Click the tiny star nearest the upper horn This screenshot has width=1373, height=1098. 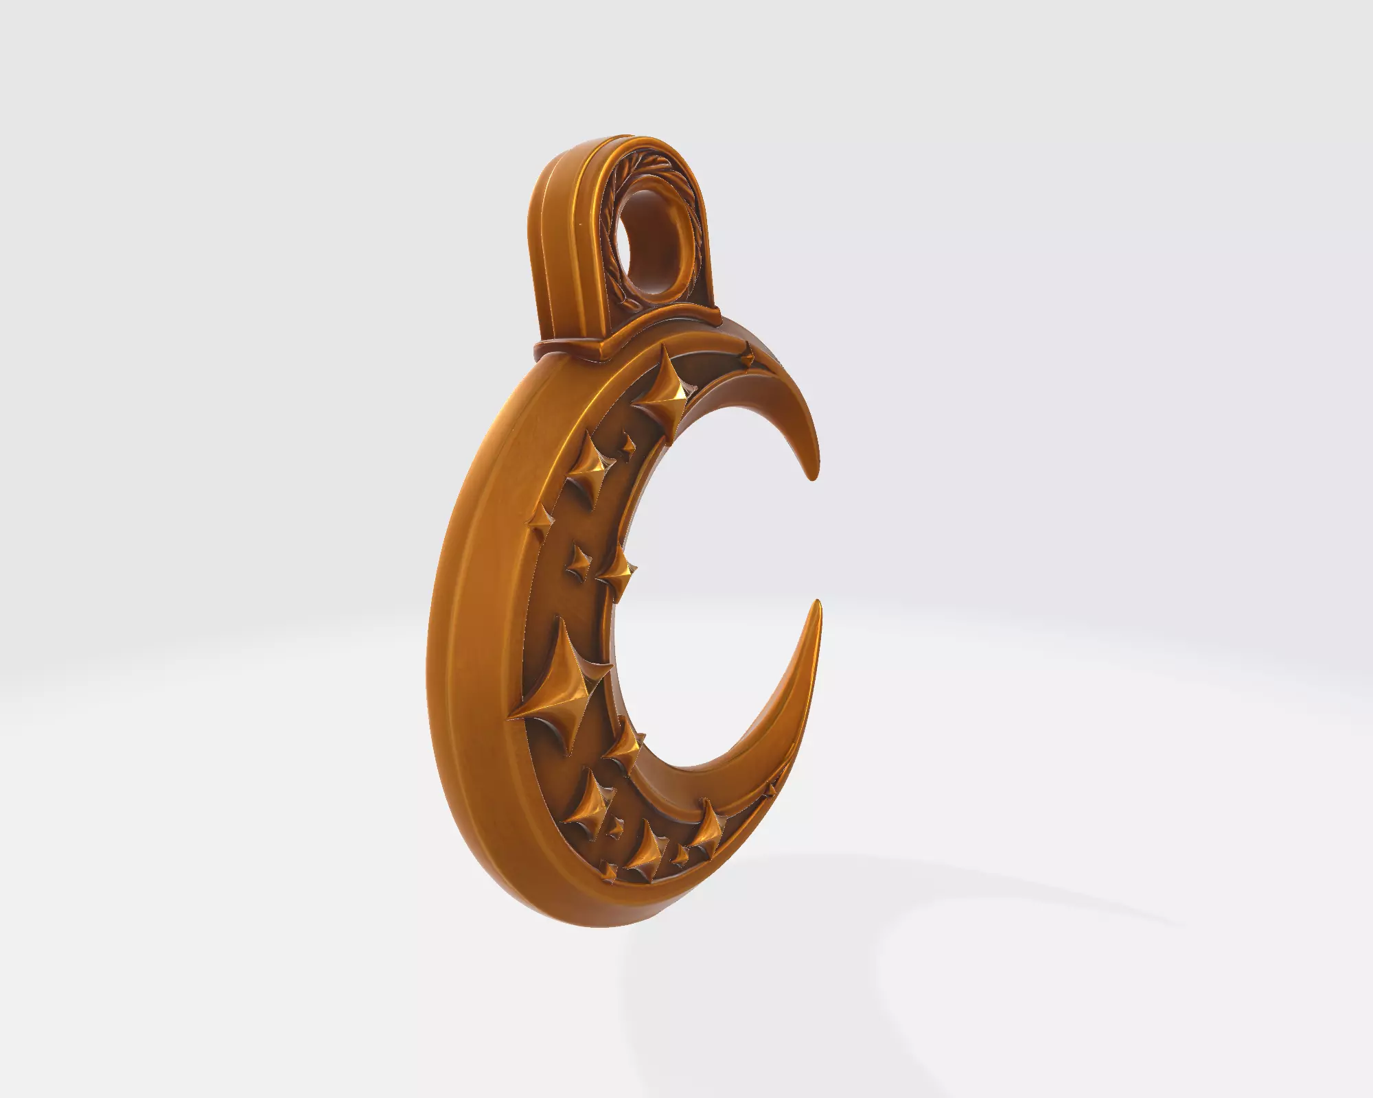748,357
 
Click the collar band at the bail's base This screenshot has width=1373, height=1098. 570,347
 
